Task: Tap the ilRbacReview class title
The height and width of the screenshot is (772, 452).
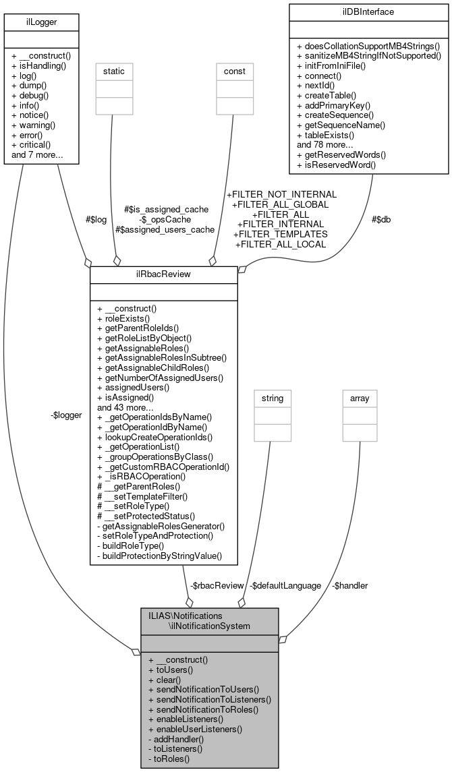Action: click(x=163, y=274)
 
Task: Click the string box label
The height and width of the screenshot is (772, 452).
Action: click(x=272, y=398)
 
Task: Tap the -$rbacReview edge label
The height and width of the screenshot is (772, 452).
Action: click(x=216, y=585)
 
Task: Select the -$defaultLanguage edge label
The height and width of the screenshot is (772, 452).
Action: click(x=285, y=585)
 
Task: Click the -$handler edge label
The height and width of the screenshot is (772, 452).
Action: click(x=350, y=585)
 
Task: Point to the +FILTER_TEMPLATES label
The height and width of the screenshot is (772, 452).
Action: click(x=280, y=233)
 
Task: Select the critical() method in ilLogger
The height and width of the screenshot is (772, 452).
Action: click(x=34, y=145)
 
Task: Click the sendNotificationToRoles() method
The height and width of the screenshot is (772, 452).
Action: click(x=208, y=709)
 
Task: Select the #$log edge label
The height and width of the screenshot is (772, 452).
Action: click(x=94, y=219)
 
